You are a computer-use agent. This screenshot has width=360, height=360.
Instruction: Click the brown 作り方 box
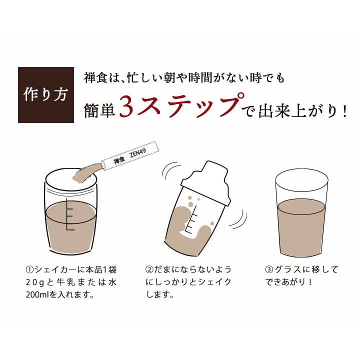pos(46,95)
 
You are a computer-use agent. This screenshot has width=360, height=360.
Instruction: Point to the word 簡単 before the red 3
pos(99,110)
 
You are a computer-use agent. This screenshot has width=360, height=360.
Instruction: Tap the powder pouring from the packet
pos(87,172)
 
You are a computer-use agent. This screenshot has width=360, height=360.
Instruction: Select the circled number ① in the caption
pos(29,269)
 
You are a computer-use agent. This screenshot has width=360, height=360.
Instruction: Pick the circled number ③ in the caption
pos(269,269)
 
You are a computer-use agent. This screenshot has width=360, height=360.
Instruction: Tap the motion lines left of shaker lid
pos(170,171)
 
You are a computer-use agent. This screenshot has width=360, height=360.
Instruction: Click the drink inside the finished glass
pos(301,227)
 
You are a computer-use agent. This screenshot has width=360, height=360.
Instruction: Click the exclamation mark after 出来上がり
pos(344,112)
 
